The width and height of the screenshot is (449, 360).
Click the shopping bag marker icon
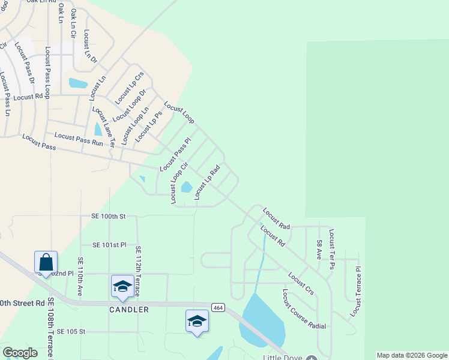click(x=46, y=263)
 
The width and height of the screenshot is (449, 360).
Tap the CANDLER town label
click(x=130, y=310)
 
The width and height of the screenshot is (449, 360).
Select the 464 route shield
click(x=218, y=308)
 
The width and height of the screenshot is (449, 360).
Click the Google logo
click(x=20, y=353)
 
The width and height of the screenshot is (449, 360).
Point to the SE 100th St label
click(x=109, y=215)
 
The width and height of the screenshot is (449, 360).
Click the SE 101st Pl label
click(x=109, y=245)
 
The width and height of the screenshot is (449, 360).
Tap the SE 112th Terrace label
click(x=138, y=271)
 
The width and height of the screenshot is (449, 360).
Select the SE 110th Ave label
click(x=80, y=277)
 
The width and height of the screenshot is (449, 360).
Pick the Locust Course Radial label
click(x=304, y=309)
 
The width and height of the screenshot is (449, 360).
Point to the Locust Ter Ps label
click(x=331, y=248)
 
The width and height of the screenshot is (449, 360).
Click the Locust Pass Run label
click(x=79, y=139)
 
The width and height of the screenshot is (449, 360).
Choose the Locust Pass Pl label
click(x=175, y=154)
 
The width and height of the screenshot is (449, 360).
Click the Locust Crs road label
click(x=301, y=284)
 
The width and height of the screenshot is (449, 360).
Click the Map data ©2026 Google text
click(x=412, y=355)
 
